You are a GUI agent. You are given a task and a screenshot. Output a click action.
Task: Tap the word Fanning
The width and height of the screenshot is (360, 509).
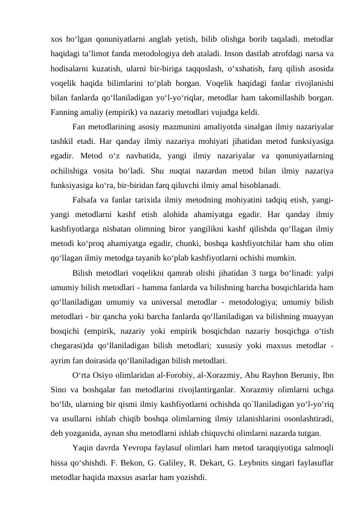coord(66,112)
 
